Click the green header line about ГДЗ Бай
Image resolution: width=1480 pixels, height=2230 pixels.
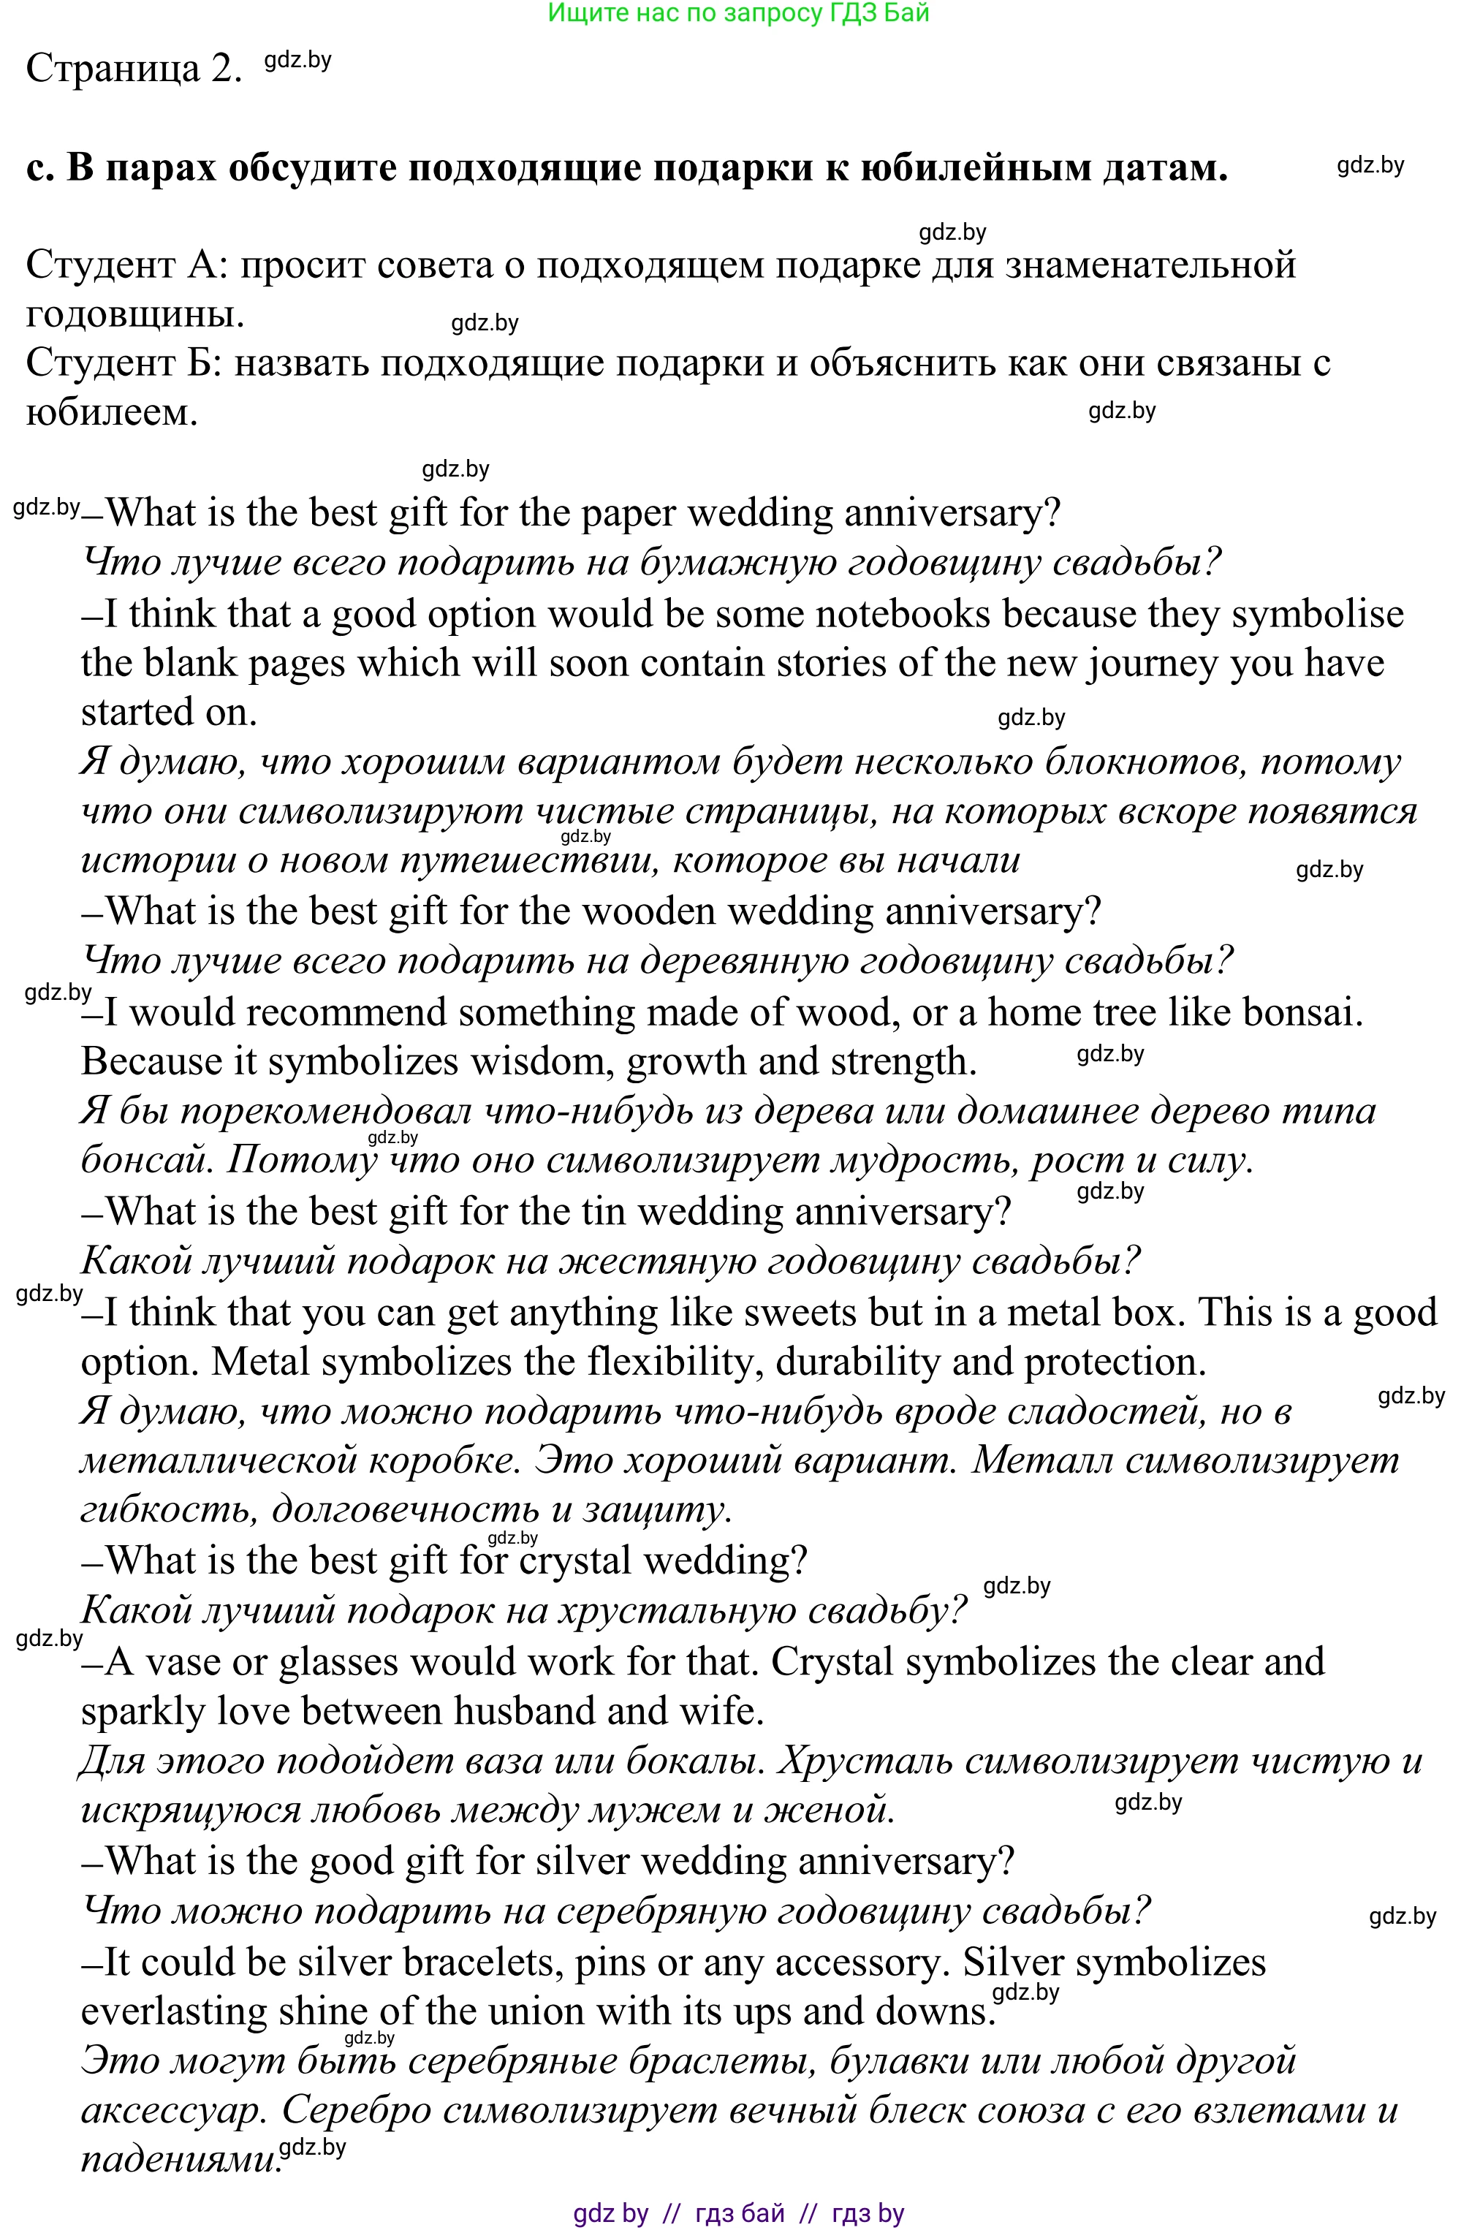(x=738, y=13)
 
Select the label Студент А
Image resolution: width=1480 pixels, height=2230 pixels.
(x=121, y=265)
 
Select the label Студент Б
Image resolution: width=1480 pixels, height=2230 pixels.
(x=121, y=363)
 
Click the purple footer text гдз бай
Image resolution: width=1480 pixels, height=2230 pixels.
(x=739, y=2213)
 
